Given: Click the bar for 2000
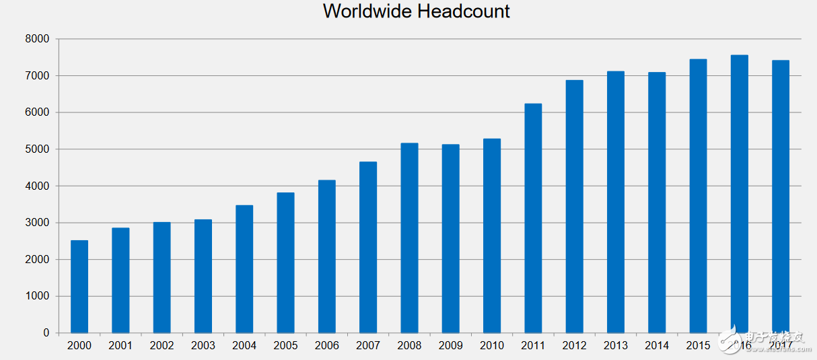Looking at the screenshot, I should click(x=79, y=287).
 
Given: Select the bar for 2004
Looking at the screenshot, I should click(x=244, y=269).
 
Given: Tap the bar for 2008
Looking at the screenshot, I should click(x=409, y=238).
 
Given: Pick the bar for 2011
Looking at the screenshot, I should click(x=533, y=218).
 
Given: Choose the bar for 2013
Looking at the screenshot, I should click(x=616, y=202).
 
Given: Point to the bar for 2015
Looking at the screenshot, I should click(x=698, y=196).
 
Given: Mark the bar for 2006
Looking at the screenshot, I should click(x=326, y=256).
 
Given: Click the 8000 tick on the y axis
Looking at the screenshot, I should click(x=38, y=39).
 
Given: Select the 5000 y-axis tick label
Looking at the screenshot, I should click(x=38, y=149).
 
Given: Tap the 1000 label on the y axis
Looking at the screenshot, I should click(x=38, y=296).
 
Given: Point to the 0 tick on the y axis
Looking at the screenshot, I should click(x=46, y=333).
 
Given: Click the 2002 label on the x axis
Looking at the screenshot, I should click(x=162, y=346).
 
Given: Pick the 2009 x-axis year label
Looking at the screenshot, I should click(x=451, y=346).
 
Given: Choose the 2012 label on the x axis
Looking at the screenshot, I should click(x=574, y=346).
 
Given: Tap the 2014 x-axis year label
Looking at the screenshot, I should click(x=657, y=346).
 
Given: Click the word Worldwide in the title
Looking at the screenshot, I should click(x=370, y=11).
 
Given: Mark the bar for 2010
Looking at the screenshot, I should click(x=492, y=236).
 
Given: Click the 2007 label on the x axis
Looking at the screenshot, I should click(x=368, y=346).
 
